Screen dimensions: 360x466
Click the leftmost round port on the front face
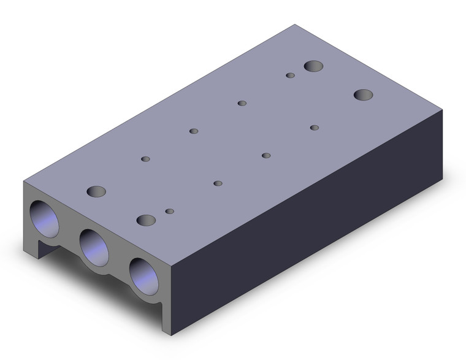click(x=44, y=218)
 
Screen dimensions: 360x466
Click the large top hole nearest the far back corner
click(x=314, y=66)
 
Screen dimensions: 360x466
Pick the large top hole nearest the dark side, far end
click(x=364, y=94)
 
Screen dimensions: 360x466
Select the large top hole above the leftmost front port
click(x=96, y=191)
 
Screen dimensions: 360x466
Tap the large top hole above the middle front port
click(x=145, y=220)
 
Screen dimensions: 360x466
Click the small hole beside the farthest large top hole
click(x=291, y=76)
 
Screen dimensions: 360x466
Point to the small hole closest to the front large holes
click(x=170, y=212)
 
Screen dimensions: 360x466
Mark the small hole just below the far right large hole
click(x=315, y=128)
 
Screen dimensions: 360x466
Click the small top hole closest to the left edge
click(x=145, y=159)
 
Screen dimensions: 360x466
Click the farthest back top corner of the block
click(x=295, y=25)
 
